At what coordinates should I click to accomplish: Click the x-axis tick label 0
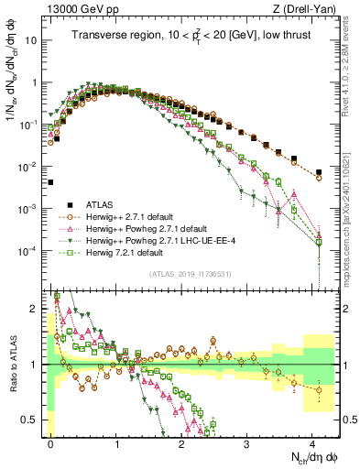coord(50,442)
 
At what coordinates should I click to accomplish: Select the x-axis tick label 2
coord(181,442)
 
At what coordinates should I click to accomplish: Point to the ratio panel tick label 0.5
coord(33,420)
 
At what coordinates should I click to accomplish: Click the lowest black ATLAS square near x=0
coord(51,182)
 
